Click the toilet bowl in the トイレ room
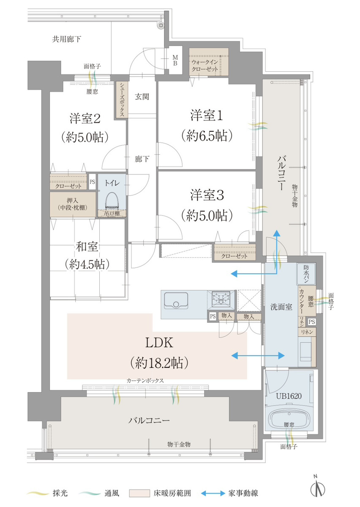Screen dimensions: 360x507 click(x=112, y=200)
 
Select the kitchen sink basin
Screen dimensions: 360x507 click(x=176, y=301)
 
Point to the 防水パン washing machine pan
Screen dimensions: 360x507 click(x=306, y=274)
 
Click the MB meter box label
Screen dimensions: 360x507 click(x=175, y=60)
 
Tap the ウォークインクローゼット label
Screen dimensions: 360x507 click(x=205, y=65)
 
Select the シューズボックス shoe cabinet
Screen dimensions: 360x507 click(x=122, y=99)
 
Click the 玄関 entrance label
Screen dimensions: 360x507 click(x=142, y=97)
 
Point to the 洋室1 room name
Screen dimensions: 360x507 click(x=207, y=115)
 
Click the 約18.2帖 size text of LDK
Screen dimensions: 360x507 click(x=159, y=363)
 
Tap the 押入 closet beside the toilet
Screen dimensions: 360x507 click(x=73, y=204)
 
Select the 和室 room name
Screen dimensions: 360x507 click(x=87, y=247)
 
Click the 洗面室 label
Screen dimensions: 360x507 click(x=281, y=307)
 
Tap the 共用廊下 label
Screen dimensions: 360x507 click(x=67, y=39)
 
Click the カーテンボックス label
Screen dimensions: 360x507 click(x=145, y=380)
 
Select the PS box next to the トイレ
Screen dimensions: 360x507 click(x=92, y=182)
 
